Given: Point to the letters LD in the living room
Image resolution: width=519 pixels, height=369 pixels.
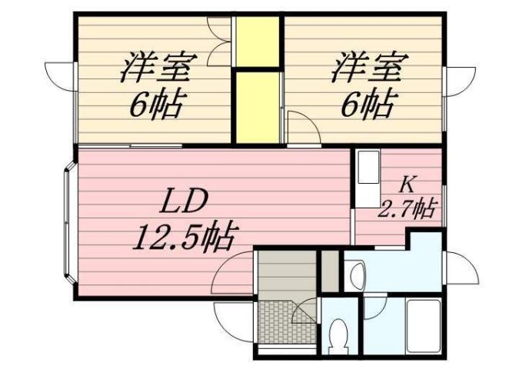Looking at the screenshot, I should pyautogui.click(x=184, y=202).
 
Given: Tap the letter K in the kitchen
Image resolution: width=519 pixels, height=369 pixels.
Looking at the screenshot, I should pyautogui.click(x=408, y=184).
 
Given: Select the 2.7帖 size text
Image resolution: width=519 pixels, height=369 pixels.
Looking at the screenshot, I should pyautogui.click(x=408, y=208).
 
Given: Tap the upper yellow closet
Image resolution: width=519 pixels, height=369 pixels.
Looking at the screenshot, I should pyautogui.click(x=257, y=42).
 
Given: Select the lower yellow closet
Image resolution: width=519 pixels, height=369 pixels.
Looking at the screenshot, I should pyautogui.click(x=257, y=105).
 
